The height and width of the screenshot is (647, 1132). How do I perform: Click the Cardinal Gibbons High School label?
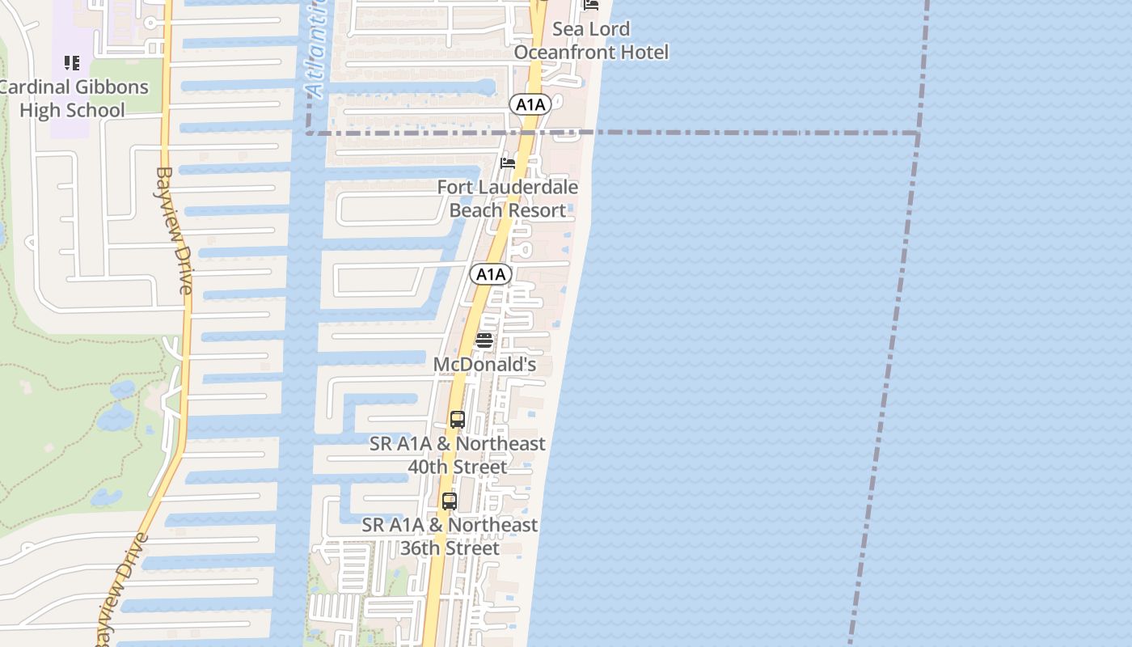tap(74, 99)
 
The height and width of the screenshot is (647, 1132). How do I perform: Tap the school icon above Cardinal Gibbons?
tap(72, 62)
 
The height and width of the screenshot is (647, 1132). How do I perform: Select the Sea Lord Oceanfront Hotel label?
tap(591, 40)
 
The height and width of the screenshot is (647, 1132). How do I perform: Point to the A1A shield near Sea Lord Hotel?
tap(530, 104)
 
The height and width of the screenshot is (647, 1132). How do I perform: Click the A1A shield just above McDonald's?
tap(490, 274)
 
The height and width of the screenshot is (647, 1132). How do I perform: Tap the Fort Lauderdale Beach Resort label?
tap(508, 199)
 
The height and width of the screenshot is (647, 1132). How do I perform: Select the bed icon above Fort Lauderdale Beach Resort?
tap(508, 163)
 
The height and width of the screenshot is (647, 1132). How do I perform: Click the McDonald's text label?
tap(484, 365)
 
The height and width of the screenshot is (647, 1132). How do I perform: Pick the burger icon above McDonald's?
tap(484, 340)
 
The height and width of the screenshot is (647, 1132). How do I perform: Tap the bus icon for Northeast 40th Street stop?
tap(458, 420)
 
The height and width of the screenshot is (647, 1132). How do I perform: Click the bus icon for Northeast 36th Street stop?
tap(450, 501)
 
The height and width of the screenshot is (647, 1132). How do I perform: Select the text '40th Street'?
tap(458, 467)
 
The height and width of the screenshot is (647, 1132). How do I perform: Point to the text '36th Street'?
tap(450, 548)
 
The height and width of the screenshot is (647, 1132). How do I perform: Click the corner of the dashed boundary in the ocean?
tap(919, 133)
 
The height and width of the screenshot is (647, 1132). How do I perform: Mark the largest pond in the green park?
tap(116, 417)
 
